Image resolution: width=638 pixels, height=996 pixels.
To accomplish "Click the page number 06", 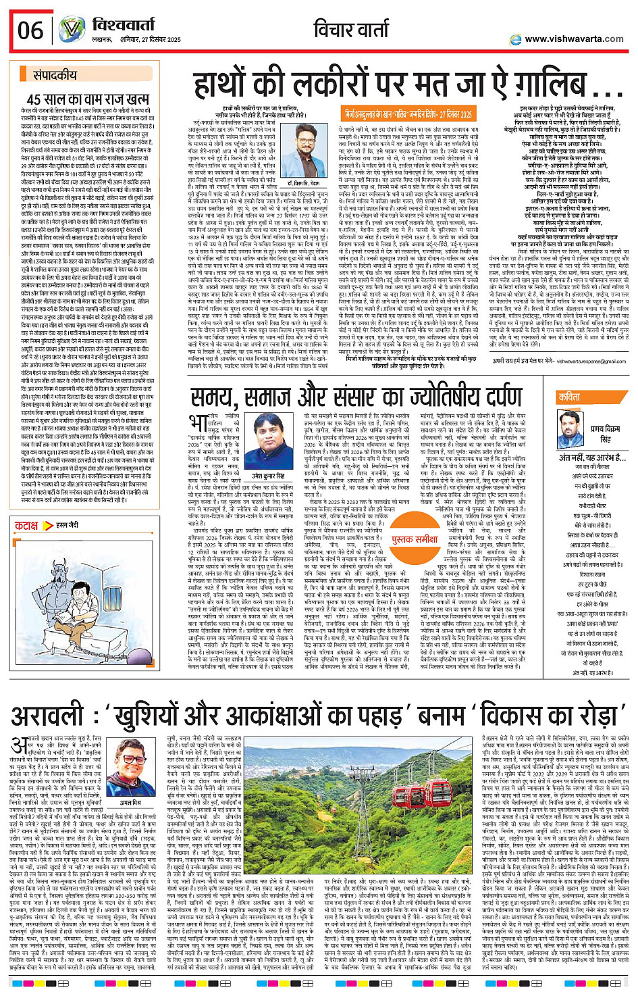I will [x=30, y=30].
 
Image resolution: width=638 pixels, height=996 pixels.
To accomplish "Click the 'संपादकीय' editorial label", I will [x=55, y=75].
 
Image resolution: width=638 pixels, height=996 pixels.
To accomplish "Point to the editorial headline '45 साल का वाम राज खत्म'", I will [x=88, y=99].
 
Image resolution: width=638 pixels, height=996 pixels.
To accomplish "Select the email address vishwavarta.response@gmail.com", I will [x=579, y=362].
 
